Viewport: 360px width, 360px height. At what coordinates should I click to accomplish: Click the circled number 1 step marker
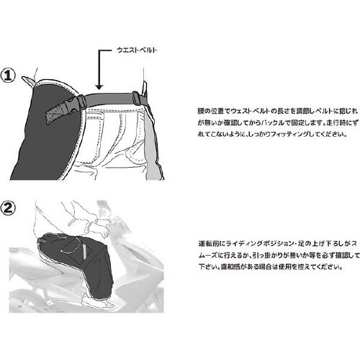pos(8,75)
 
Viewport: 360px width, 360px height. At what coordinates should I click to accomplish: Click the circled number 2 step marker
pos(8,208)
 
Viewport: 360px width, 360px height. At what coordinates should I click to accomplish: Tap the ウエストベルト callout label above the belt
pos(137,50)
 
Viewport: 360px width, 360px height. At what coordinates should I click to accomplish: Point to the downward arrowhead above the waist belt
pos(99,87)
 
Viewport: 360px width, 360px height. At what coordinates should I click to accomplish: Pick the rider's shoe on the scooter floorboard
pos(96,302)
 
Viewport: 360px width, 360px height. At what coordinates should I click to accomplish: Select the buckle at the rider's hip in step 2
pos(42,240)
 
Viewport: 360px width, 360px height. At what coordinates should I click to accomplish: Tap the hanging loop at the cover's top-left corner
pos(29,81)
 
